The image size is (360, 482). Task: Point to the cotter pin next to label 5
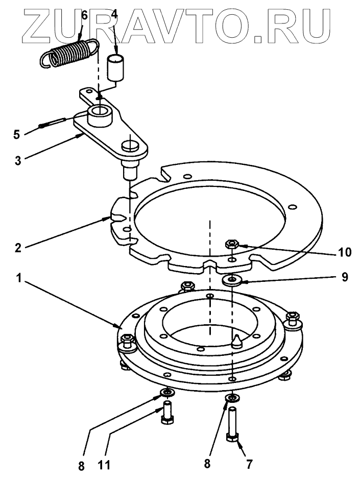point(53,123)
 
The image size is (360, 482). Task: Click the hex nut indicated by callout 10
point(230,244)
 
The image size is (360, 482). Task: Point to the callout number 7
point(249,465)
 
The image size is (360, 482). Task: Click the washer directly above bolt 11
point(166,392)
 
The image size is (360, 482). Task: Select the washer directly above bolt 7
point(233,398)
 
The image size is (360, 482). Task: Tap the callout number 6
point(84,14)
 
